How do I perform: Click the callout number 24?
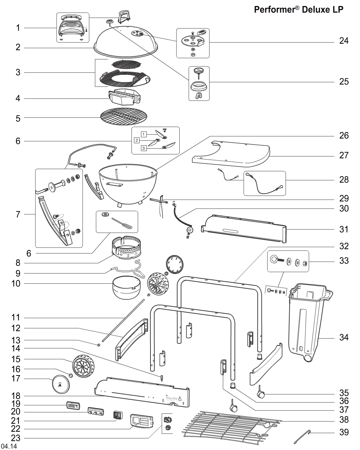[x=343, y=41]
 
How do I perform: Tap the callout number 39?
[x=344, y=432]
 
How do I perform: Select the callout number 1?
[x=18, y=28]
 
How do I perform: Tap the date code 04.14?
[x=8, y=446]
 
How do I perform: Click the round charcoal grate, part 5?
[x=120, y=116]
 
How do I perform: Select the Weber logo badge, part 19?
[x=73, y=405]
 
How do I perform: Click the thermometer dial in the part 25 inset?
[x=199, y=72]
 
